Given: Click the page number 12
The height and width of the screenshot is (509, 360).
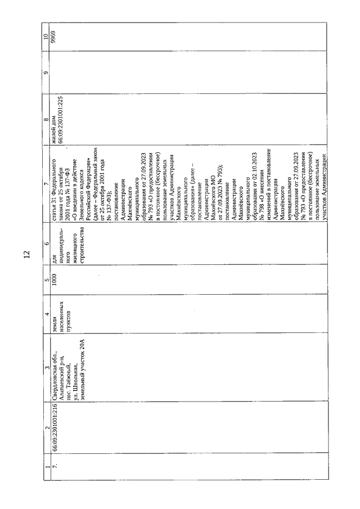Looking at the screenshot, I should [26, 255].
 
